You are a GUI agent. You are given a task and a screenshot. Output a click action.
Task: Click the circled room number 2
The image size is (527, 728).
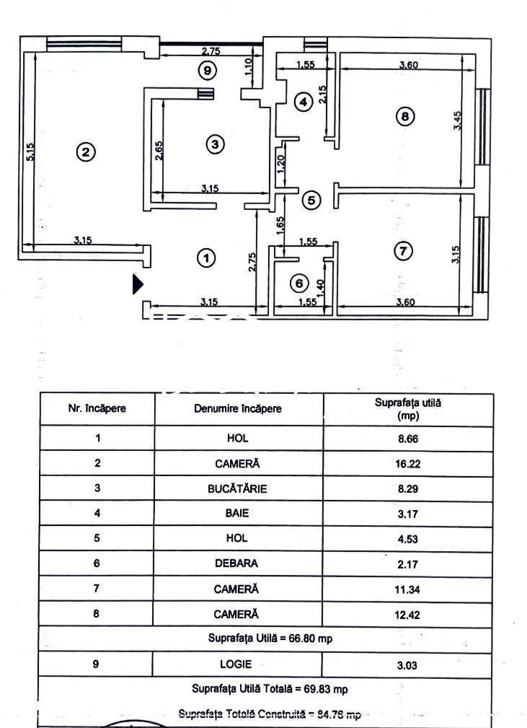click(86, 152)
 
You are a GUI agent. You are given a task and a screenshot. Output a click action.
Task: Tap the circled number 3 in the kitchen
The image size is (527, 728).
click(214, 145)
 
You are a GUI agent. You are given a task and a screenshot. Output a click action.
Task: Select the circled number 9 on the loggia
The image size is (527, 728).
click(207, 70)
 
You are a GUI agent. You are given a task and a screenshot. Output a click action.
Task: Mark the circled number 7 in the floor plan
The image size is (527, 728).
click(403, 250)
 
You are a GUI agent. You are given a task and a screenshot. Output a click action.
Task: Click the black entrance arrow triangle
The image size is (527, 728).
click(138, 284)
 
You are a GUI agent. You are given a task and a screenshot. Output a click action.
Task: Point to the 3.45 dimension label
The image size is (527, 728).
click(457, 120)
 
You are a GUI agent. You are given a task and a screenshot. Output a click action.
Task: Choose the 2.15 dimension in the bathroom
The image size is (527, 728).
click(323, 95)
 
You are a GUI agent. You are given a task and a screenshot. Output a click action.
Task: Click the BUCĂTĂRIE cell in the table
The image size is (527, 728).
click(237, 488)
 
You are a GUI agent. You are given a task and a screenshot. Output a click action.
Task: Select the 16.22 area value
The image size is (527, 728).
click(407, 464)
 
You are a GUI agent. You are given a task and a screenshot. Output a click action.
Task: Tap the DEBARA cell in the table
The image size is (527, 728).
click(237, 563)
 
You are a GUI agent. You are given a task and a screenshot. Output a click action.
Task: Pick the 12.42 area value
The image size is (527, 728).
click(407, 615)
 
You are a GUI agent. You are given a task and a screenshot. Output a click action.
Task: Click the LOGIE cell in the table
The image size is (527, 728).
click(237, 664)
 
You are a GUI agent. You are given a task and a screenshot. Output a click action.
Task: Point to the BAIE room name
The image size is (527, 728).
click(237, 514)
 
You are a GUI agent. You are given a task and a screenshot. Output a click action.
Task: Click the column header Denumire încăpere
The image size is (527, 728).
click(238, 408)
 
